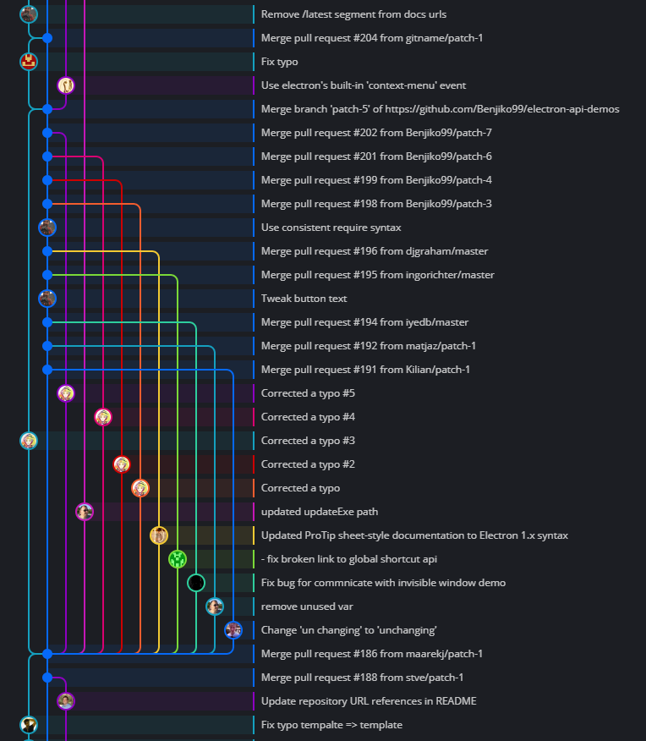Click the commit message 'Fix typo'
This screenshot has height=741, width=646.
click(280, 62)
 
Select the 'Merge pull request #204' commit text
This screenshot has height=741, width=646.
click(372, 38)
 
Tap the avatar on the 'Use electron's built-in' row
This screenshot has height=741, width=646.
click(66, 85)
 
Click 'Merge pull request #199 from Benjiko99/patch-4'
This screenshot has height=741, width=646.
click(376, 180)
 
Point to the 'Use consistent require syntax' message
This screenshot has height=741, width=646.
click(331, 228)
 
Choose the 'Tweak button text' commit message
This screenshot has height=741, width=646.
click(304, 299)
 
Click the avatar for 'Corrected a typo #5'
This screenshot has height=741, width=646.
click(66, 393)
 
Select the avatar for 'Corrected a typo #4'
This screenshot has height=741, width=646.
click(103, 417)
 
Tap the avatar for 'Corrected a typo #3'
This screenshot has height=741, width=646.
click(29, 441)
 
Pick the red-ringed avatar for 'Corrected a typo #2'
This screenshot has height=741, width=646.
click(122, 464)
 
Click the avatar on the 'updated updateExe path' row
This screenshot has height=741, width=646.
click(85, 512)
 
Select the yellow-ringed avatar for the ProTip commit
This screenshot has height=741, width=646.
click(159, 535)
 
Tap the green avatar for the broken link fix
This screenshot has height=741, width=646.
click(178, 559)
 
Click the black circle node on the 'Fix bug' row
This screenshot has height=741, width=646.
click(196, 583)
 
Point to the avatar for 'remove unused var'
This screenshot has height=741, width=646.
click(215, 607)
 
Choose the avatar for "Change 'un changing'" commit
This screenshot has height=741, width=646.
click(233, 630)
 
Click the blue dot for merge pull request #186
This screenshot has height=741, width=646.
click(47, 654)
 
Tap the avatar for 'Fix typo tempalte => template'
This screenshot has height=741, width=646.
click(29, 725)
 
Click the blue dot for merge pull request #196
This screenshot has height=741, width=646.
click(47, 251)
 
